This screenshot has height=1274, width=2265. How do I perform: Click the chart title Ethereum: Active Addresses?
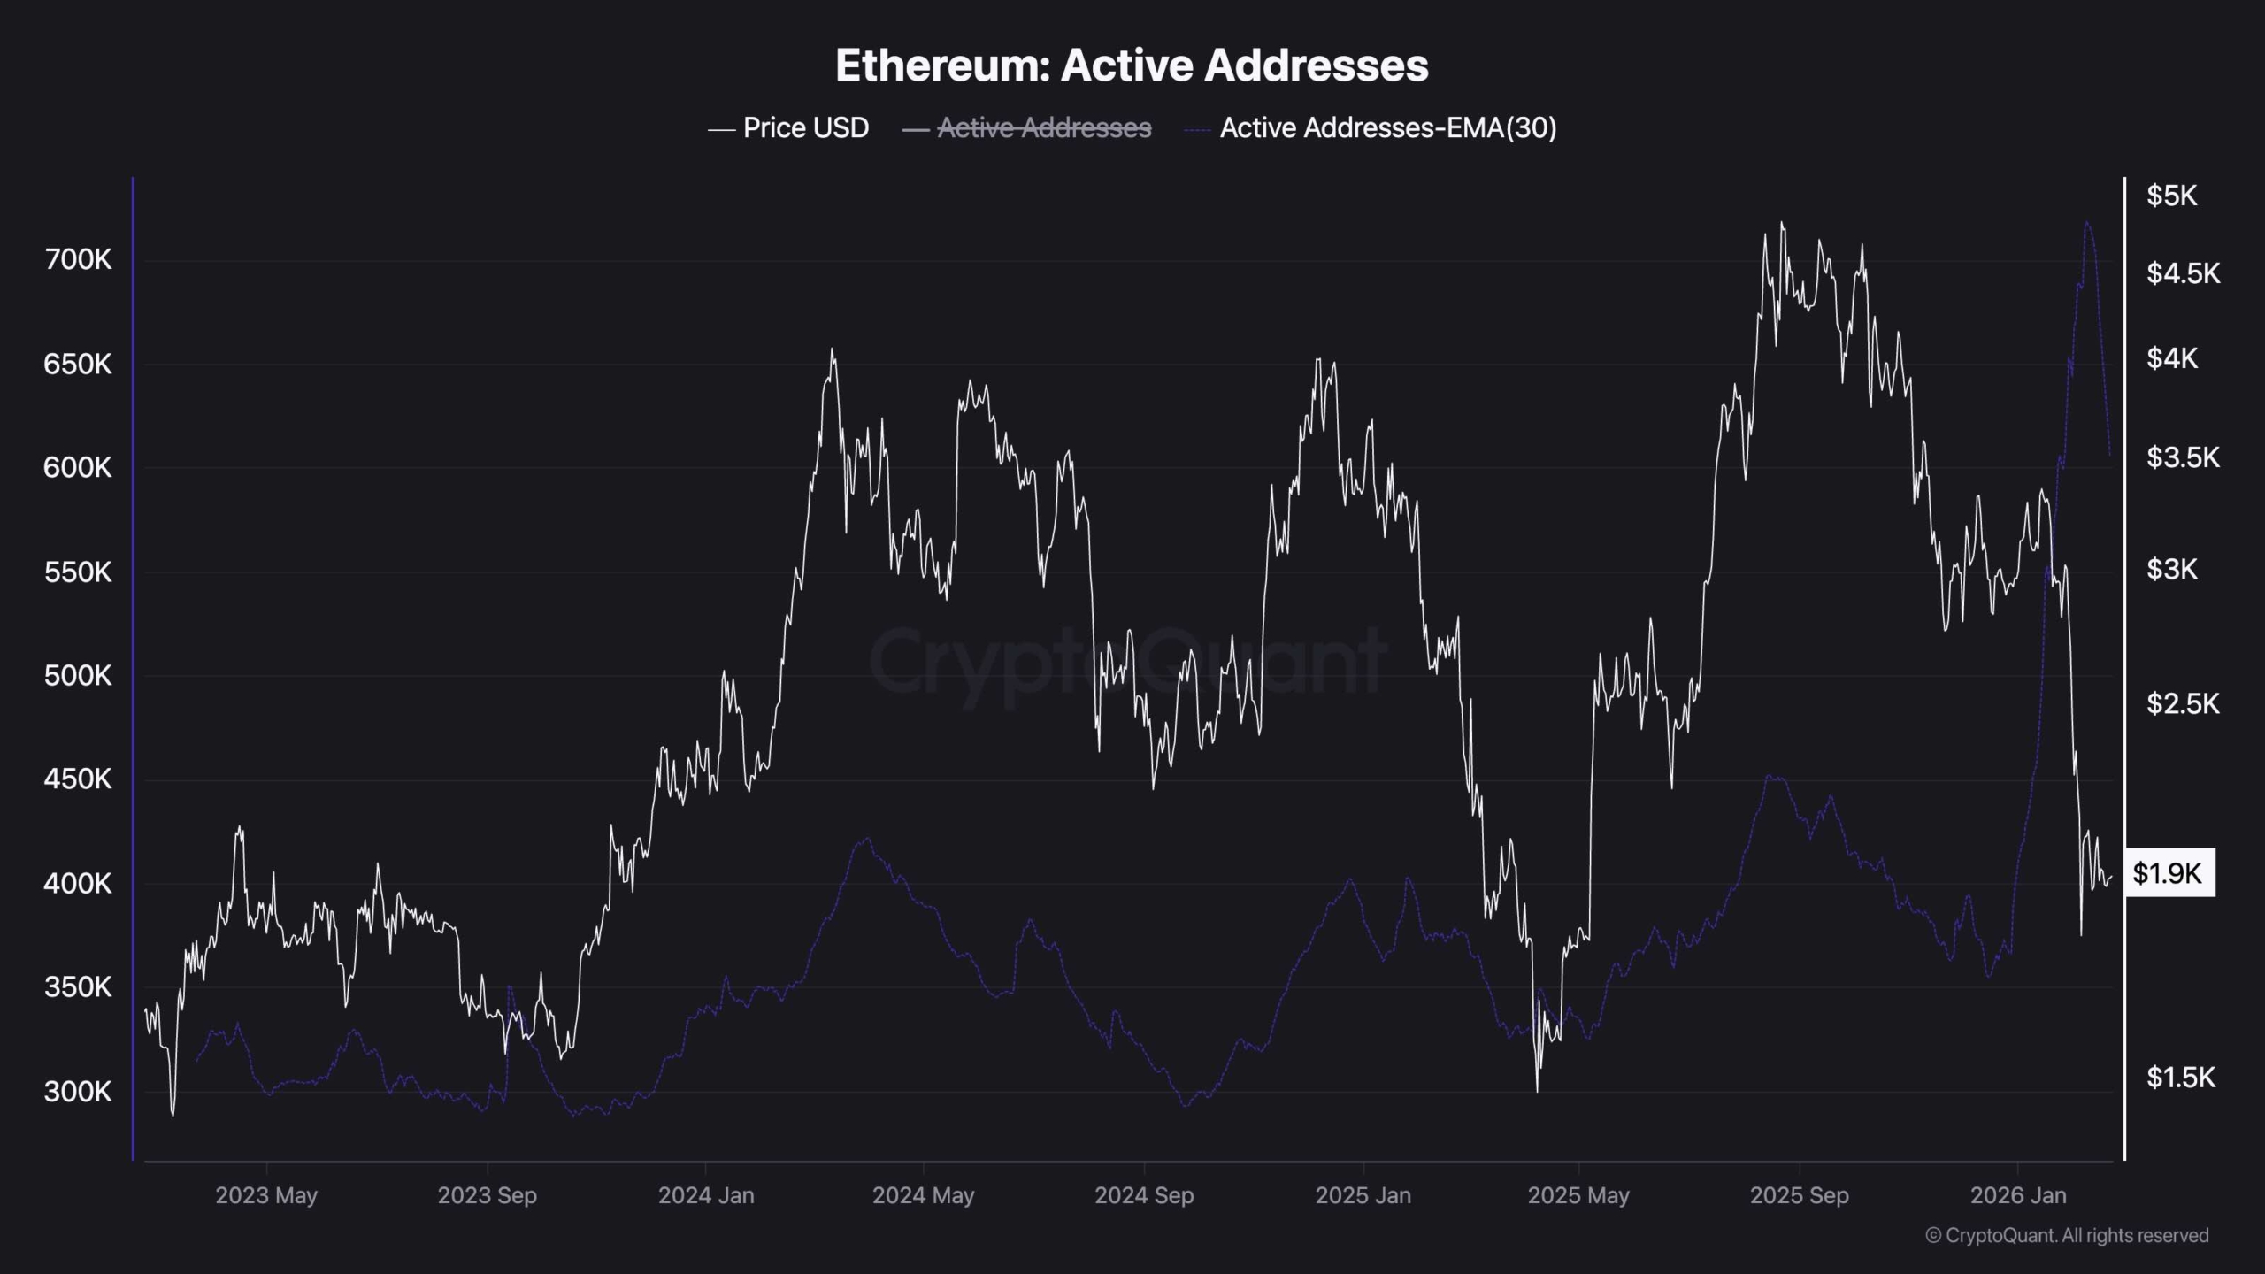pyautogui.click(x=1132, y=65)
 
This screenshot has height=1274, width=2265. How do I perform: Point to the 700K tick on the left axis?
pyautogui.click(x=78, y=259)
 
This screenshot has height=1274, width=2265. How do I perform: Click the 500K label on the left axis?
pyautogui.click(x=78, y=676)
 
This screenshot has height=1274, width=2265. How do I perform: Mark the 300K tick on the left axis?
pyautogui.click(x=78, y=1092)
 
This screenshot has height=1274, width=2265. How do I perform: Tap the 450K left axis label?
pyautogui.click(x=78, y=779)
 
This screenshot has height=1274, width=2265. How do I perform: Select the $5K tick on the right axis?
pyautogui.click(x=2171, y=196)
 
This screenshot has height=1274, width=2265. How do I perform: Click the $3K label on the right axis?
pyautogui.click(x=2171, y=569)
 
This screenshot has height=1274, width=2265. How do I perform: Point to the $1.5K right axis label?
pyautogui.click(x=2181, y=1077)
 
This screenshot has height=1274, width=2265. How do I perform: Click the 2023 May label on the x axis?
pyautogui.click(x=266, y=1195)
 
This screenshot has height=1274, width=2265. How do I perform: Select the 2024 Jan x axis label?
pyautogui.click(x=706, y=1195)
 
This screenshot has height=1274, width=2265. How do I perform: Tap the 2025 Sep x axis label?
pyautogui.click(x=1799, y=1195)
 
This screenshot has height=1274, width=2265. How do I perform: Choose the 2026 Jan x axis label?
pyautogui.click(x=2018, y=1195)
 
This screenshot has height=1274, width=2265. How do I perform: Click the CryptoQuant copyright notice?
pyautogui.click(x=2067, y=1235)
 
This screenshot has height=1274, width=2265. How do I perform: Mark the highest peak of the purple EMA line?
pyautogui.click(x=2087, y=222)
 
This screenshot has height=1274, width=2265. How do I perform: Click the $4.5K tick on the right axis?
pyautogui.click(x=2183, y=273)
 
